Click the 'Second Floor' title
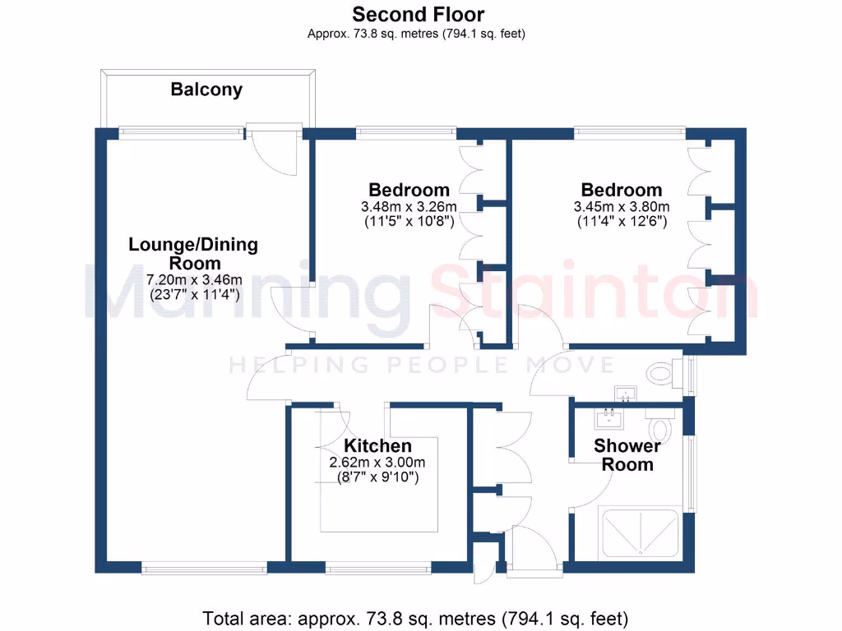coord(418,14)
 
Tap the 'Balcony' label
coord(206,90)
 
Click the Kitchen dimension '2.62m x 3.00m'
coord(377,463)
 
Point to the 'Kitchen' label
coord(378,446)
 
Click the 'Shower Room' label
coord(627,455)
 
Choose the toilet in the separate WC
coord(663,374)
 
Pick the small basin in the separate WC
coord(624,394)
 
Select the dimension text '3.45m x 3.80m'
coord(622,206)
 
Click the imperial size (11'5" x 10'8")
coord(409,222)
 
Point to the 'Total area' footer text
coord(415,617)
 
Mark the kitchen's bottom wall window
coord(378,567)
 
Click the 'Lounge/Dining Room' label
coord(192,254)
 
